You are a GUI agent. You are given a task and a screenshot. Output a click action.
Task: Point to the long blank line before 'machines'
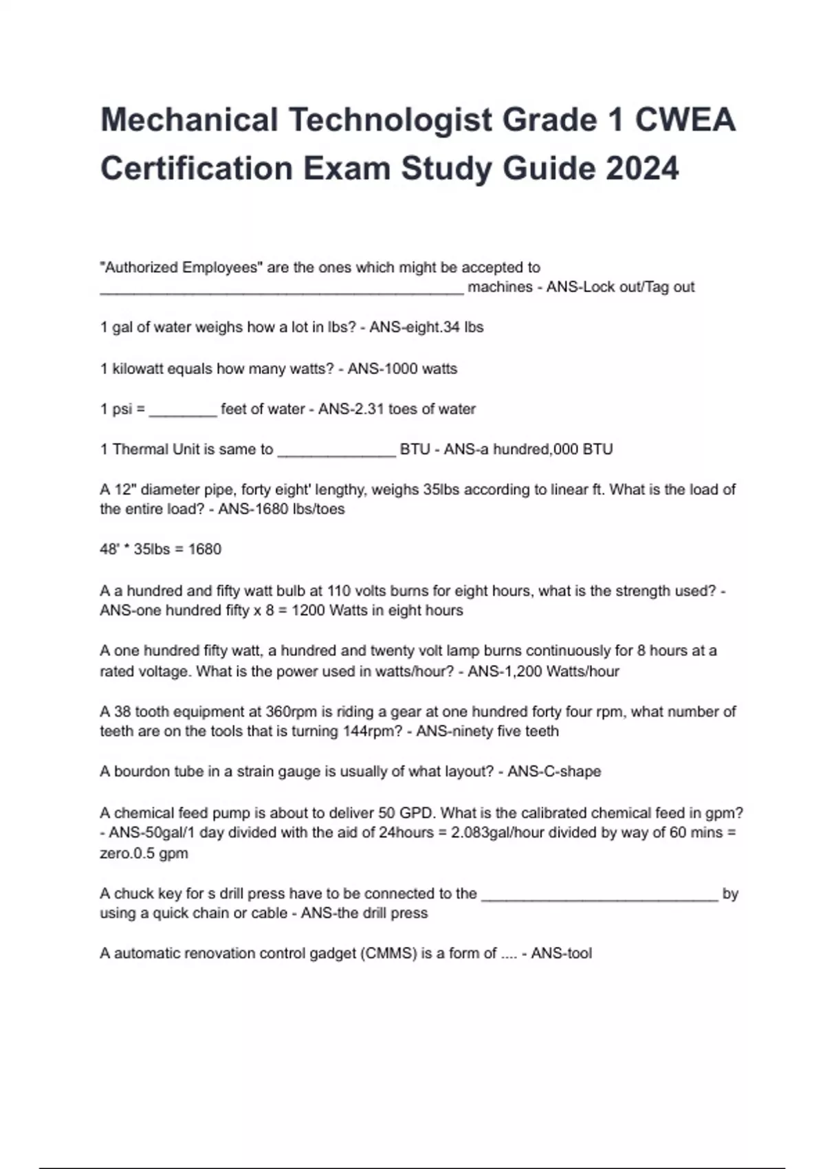pyautogui.click(x=282, y=292)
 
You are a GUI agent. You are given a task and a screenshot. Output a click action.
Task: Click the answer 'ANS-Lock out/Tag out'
pyautogui.click(x=620, y=287)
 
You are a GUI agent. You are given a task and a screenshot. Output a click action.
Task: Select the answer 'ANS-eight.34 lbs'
pyautogui.click(x=426, y=327)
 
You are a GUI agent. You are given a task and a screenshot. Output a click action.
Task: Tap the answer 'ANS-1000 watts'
pyautogui.click(x=402, y=369)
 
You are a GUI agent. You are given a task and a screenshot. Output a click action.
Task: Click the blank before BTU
pyautogui.click(x=336, y=454)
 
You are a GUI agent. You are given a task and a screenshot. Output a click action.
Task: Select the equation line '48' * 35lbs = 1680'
pyautogui.click(x=161, y=549)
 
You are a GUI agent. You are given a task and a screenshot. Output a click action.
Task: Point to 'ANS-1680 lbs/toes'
pyautogui.click(x=281, y=510)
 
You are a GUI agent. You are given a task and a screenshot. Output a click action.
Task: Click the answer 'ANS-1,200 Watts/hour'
pyautogui.click(x=543, y=671)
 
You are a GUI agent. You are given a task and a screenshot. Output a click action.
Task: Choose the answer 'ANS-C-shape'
pyautogui.click(x=554, y=772)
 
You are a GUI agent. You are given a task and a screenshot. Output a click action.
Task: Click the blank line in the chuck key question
pyautogui.click(x=599, y=898)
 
